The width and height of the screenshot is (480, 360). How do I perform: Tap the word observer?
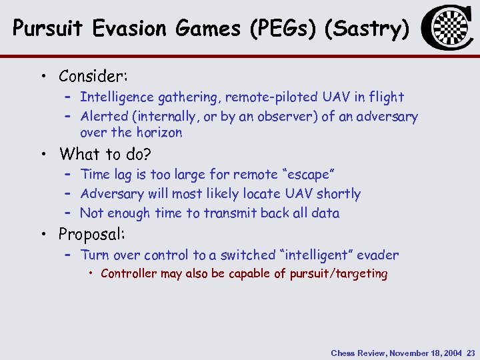tap(283, 117)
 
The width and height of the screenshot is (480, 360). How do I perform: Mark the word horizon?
tap(160, 133)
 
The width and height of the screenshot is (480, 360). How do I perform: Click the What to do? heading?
tap(105, 155)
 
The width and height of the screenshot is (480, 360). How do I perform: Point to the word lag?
tap(123, 175)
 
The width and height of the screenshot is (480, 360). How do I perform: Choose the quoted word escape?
tap(309, 175)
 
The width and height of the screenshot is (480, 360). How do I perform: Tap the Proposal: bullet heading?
tap(92, 235)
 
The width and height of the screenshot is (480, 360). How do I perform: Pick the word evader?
tap(377, 255)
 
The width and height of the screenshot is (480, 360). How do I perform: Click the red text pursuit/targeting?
tap(339, 274)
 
